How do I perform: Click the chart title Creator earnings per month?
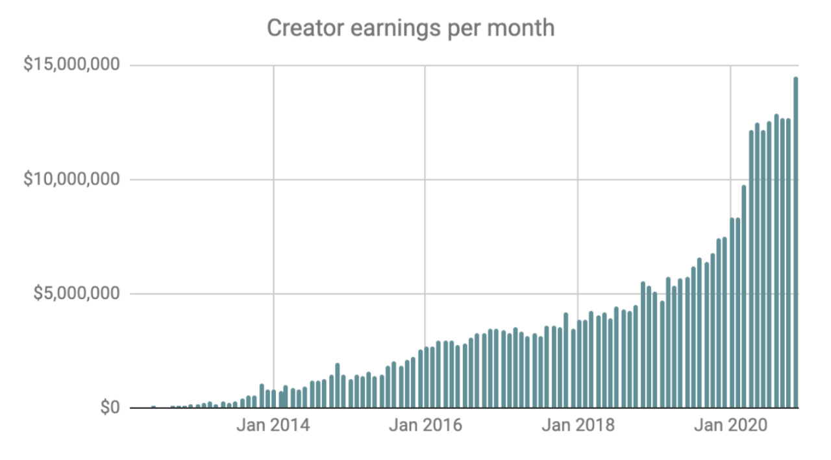coord(410,28)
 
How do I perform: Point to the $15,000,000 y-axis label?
coord(71,65)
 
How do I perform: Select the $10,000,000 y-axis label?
coord(71,179)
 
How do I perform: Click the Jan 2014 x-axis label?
coord(273,426)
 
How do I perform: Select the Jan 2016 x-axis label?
coord(425,426)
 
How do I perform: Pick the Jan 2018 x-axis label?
coord(578,426)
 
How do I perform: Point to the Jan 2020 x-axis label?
coord(730,426)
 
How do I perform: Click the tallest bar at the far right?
coord(796,247)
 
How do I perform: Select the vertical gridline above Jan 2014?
coord(273,195)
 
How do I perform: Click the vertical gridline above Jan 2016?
coord(425,195)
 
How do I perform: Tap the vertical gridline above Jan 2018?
coord(578,195)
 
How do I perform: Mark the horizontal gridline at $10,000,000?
coord(390,180)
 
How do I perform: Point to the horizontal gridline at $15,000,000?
coord(390,66)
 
